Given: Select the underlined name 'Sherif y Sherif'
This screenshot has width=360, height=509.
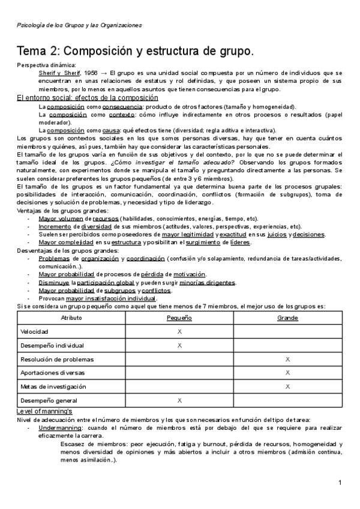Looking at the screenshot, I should coord(58,73).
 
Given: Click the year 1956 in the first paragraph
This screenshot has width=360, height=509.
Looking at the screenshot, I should coord(92,73).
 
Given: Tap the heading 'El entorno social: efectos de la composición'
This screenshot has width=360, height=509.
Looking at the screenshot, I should coord(87,98).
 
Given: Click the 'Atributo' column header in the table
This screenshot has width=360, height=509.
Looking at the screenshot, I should coord(71,317).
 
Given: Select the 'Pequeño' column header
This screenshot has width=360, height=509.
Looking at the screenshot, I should coord(179,317).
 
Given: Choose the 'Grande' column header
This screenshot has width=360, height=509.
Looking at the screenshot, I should coord(287,317).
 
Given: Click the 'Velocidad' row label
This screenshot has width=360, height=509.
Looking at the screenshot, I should coord(34,331).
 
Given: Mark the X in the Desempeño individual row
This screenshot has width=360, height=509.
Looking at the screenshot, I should coord(179,345).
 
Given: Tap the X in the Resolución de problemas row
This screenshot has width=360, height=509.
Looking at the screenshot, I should coord(287,359).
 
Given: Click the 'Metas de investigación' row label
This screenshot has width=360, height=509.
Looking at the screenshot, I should coord(53,386).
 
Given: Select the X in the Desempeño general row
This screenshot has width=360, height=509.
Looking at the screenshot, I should coord(179,400).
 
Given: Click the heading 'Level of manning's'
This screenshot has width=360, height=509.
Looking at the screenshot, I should coord(44,411).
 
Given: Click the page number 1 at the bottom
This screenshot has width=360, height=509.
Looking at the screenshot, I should coord(340,483).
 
